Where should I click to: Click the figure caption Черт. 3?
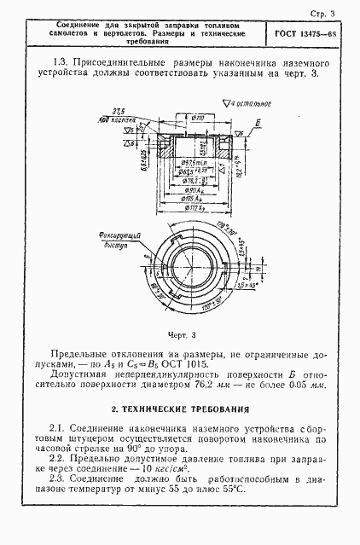(x=180, y=333)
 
